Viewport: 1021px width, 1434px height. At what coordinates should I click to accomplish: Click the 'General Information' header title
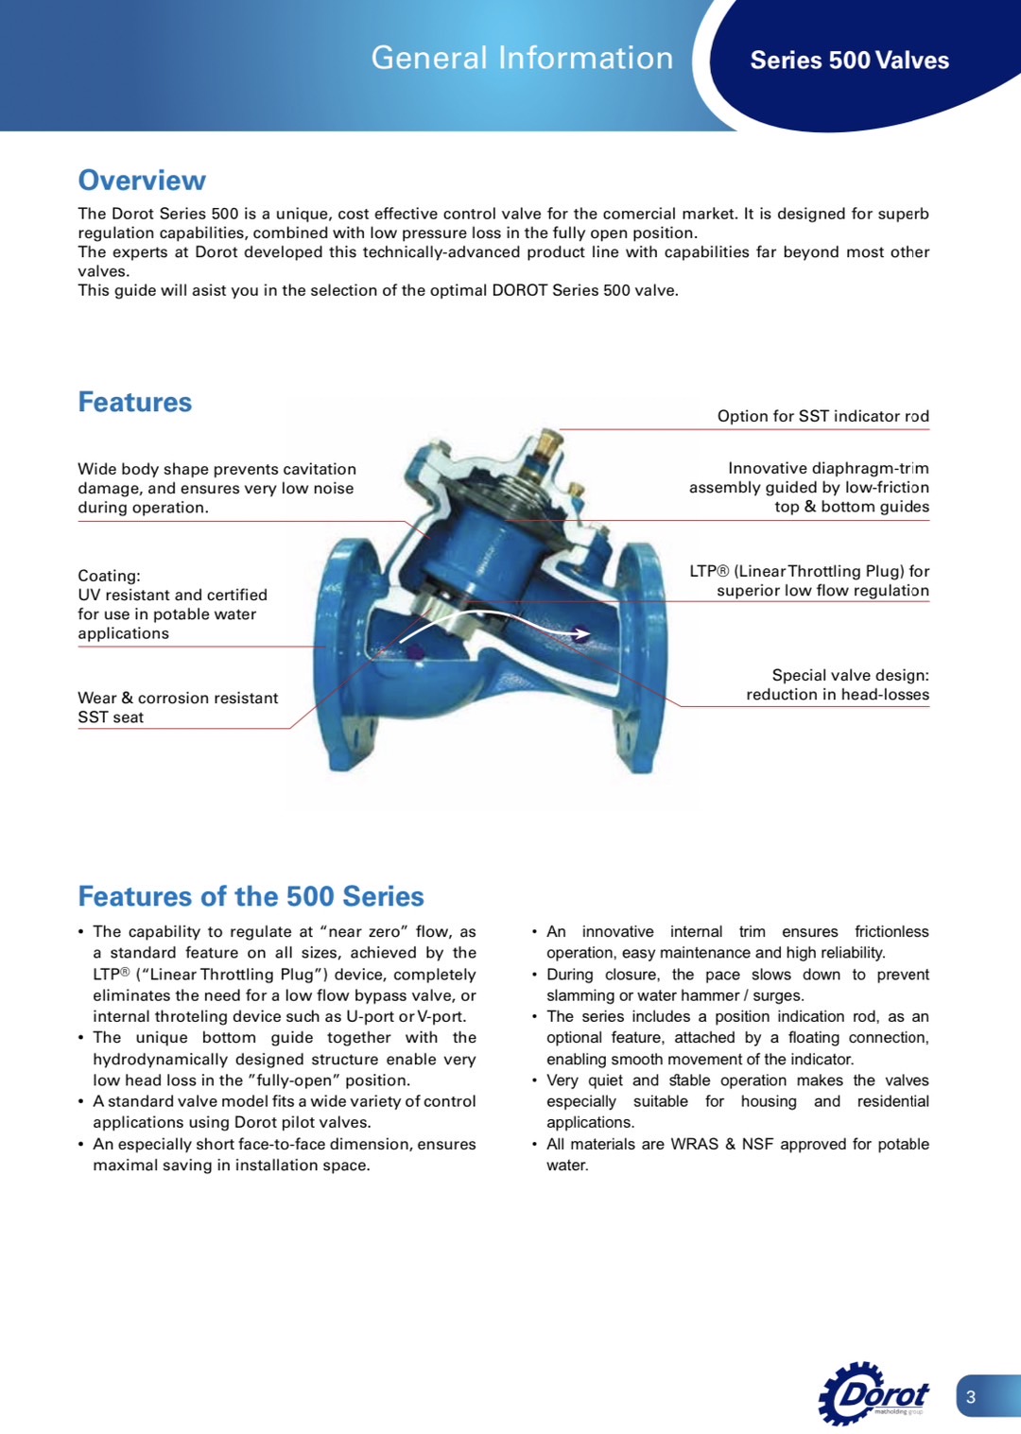pyautogui.click(x=522, y=59)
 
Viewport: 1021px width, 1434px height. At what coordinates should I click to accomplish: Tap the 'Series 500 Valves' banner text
pyautogui.click(x=849, y=60)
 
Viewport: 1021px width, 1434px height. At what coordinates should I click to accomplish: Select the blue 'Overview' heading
pyautogui.click(x=142, y=181)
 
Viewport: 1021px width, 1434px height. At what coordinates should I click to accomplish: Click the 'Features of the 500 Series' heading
pyautogui.click(x=251, y=896)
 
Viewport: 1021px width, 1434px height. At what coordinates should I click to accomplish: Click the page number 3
pyautogui.click(x=971, y=1396)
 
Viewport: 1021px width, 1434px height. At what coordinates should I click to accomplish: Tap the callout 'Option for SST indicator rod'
pyautogui.click(x=822, y=416)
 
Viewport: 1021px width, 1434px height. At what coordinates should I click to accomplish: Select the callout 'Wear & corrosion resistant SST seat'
pyautogui.click(x=178, y=707)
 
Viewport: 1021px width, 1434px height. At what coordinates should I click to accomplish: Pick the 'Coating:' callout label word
pyautogui.click(x=109, y=576)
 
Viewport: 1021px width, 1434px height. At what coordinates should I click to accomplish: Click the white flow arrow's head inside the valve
pyautogui.click(x=583, y=633)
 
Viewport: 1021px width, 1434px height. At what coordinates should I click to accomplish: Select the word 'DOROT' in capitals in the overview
pyautogui.click(x=519, y=290)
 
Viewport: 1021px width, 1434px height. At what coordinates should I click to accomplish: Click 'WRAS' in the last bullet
pyautogui.click(x=694, y=1144)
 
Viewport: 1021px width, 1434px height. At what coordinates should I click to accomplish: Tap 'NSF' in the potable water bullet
pyautogui.click(x=757, y=1144)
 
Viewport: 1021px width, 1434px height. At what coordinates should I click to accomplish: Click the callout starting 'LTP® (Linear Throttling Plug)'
pyautogui.click(x=809, y=580)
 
